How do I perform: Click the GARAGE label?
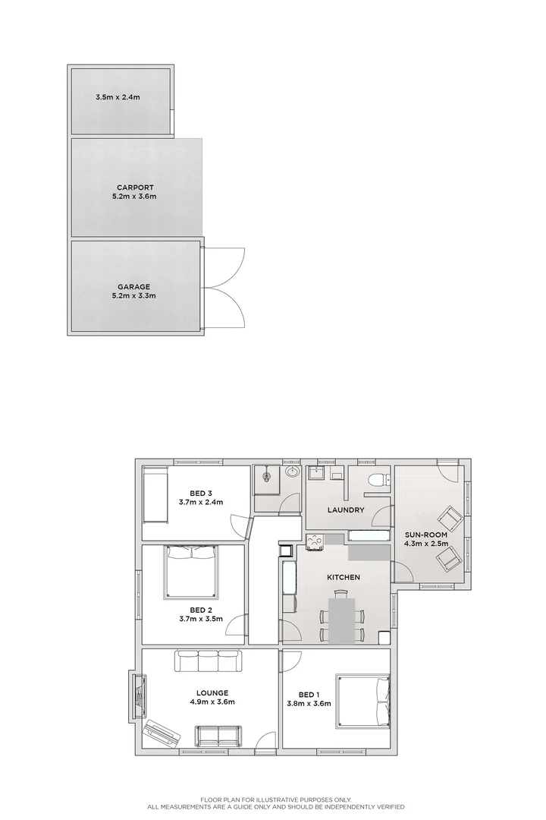click(133, 286)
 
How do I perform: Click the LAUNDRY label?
click(346, 510)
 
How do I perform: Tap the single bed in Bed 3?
click(156, 495)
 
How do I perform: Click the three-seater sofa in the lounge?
click(208, 661)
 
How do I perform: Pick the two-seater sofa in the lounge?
click(217, 735)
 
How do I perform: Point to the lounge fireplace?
click(138, 695)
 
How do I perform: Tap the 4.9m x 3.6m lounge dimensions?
click(212, 702)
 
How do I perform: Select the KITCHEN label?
click(344, 578)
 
